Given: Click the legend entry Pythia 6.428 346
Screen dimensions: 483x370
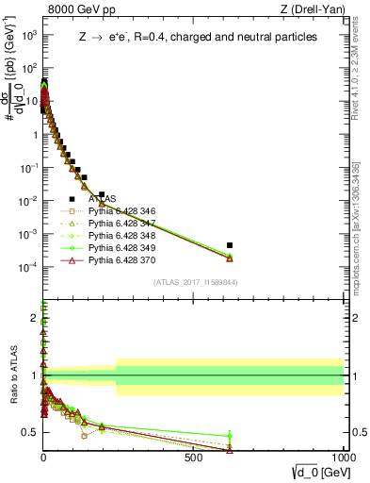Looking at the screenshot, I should click(x=121, y=210).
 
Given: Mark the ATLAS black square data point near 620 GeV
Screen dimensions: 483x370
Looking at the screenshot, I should click(x=230, y=245).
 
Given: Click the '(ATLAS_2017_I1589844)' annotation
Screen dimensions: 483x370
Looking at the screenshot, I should click(x=195, y=281).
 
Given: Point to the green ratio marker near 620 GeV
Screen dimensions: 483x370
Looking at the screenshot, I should click(x=230, y=437).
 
